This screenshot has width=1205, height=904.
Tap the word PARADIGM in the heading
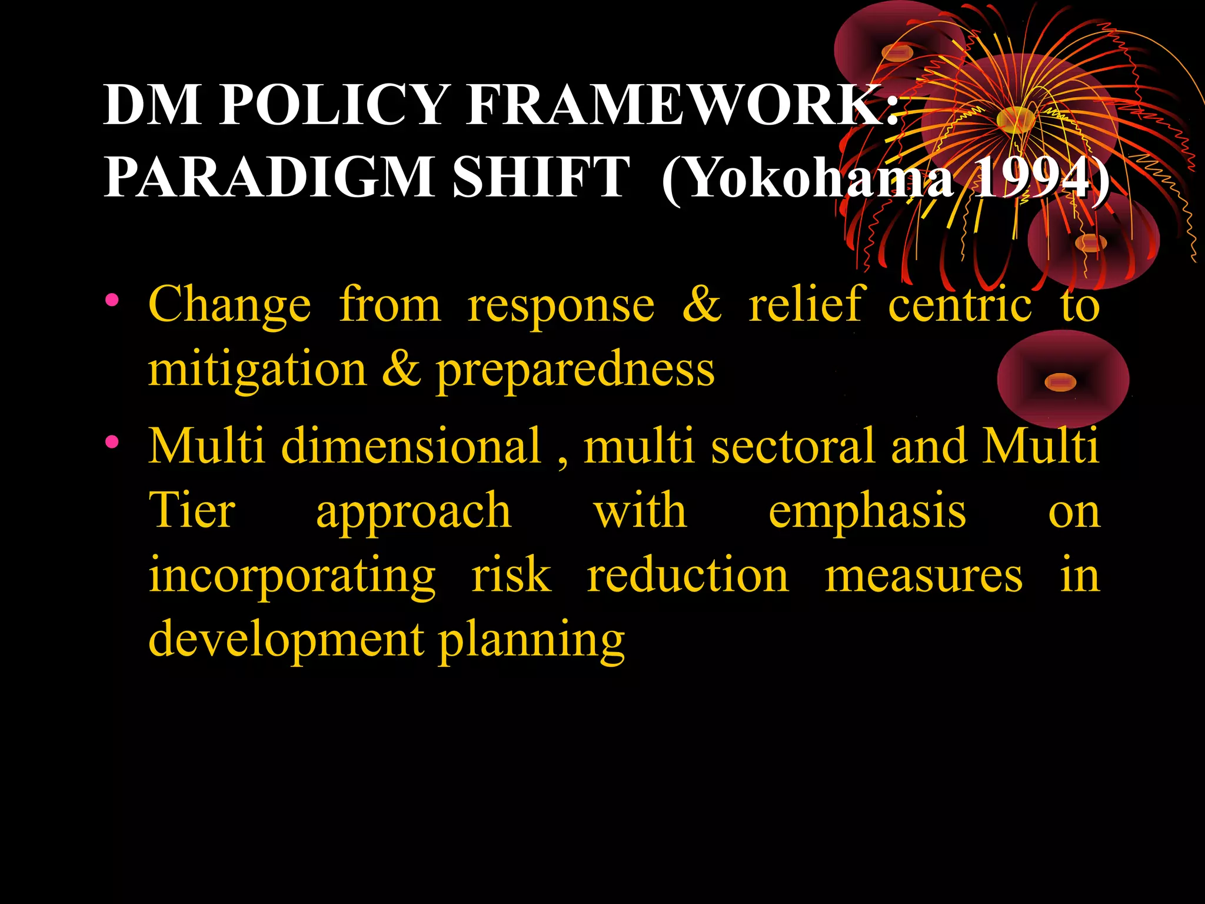pyautogui.click(x=268, y=177)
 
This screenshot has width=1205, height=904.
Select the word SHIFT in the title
pyautogui.click(x=541, y=177)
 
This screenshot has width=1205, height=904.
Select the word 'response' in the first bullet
pyautogui.click(x=561, y=306)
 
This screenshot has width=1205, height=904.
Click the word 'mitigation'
pyautogui.click(x=257, y=371)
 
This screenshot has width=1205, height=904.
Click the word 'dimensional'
pyautogui.click(x=411, y=446)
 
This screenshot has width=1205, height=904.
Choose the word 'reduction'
pyautogui.click(x=687, y=575)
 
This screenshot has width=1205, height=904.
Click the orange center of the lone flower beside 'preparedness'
pyautogui.click(x=1060, y=383)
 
